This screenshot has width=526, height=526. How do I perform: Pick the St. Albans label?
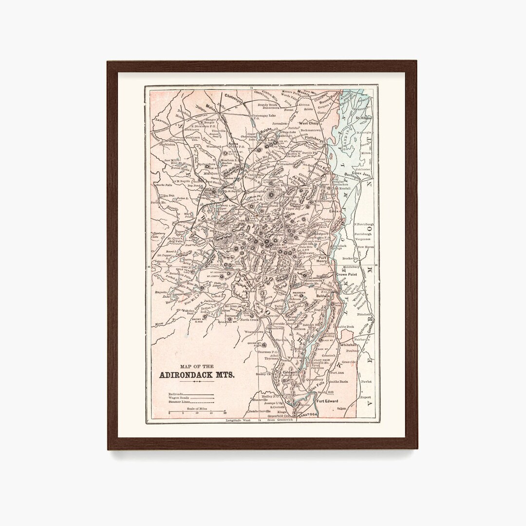coord(363,117)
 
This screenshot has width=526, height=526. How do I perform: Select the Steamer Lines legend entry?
coord(180,402)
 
